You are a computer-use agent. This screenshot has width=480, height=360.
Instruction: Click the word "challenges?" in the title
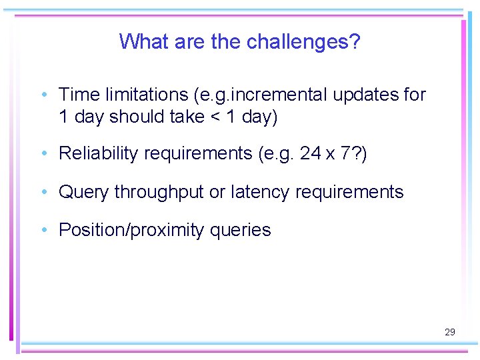pyautogui.click(x=303, y=42)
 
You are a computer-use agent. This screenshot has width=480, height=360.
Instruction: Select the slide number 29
pyautogui.click(x=449, y=331)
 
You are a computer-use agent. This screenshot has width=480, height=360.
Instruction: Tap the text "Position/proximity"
pyautogui.click(x=131, y=231)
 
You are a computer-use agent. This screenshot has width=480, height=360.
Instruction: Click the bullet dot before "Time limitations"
pyautogui.click(x=43, y=95)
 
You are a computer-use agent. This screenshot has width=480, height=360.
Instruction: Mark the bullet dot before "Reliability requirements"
pyautogui.click(x=43, y=153)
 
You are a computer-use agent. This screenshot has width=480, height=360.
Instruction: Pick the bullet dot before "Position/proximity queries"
pyautogui.click(x=43, y=230)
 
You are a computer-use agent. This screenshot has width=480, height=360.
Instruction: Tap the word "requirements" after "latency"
pyautogui.click(x=349, y=193)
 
